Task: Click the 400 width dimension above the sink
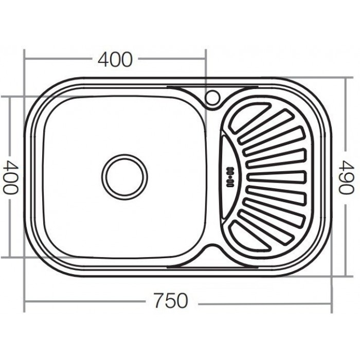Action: coord(115,60)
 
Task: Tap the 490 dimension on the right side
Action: coord(345,176)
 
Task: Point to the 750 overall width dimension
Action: coord(171,301)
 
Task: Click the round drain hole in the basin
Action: coord(124,176)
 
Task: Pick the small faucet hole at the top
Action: coord(212,97)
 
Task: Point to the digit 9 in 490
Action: coord(345,176)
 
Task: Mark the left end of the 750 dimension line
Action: coord(25,303)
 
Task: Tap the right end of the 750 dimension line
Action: coord(332,303)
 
